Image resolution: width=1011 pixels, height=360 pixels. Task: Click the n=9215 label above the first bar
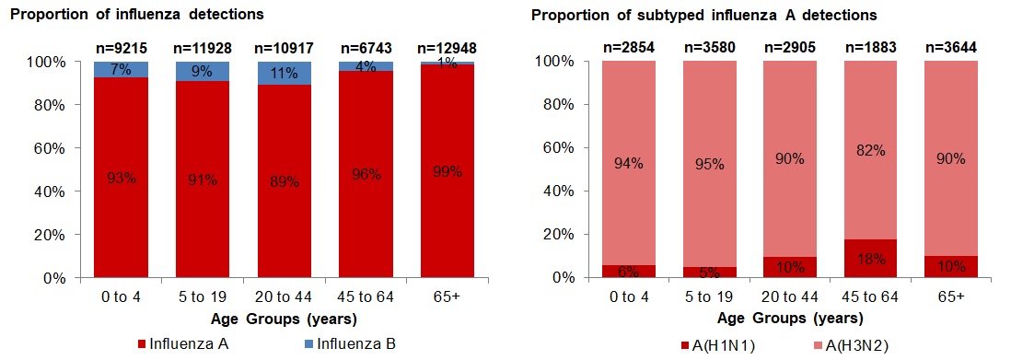120,47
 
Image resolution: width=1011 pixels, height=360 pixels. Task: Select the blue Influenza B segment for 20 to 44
285,73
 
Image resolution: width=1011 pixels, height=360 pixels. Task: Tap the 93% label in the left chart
120,179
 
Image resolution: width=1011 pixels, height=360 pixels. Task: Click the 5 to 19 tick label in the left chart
203,298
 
